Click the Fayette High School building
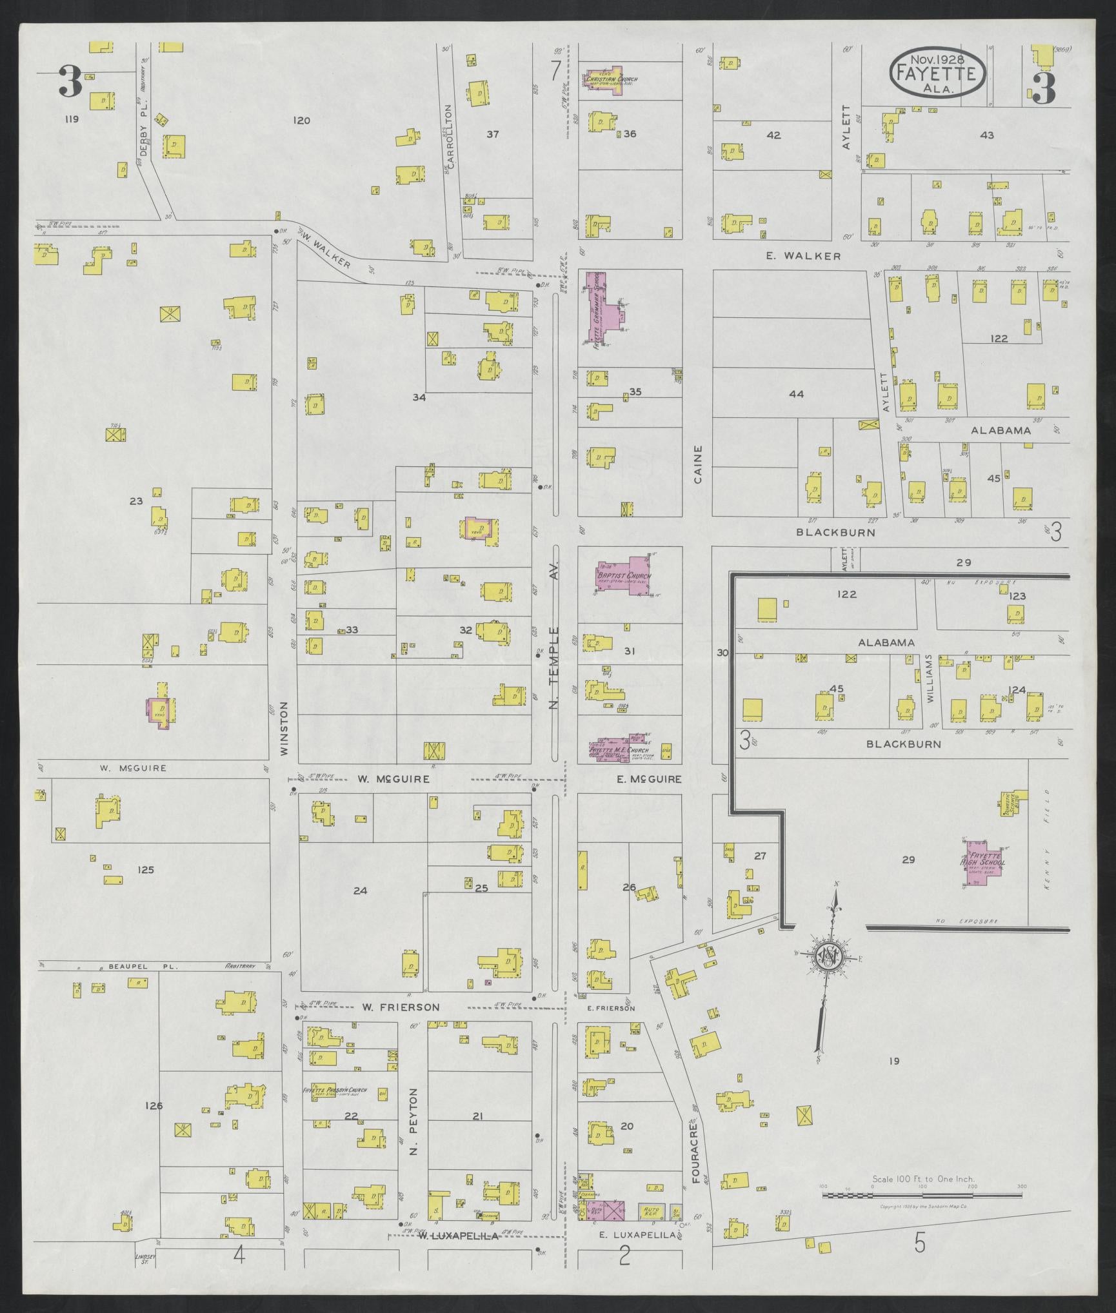click(x=982, y=862)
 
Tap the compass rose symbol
click(x=827, y=957)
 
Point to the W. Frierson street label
click(x=400, y=1007)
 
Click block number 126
click(x=154, y=1105)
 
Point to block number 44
click(x=797, y=394)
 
